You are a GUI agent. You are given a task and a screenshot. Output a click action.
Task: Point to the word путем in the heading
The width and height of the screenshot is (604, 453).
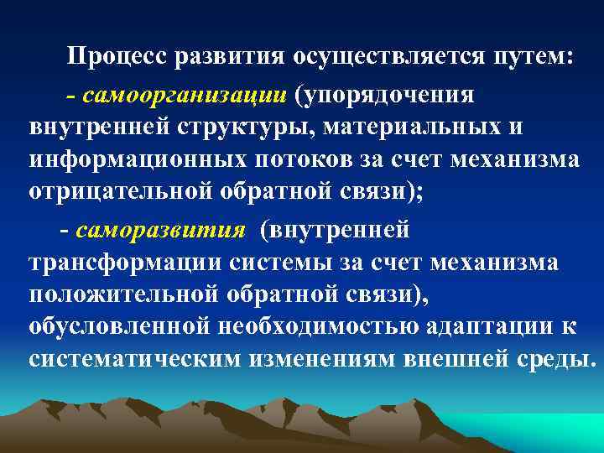[x=530, y=57]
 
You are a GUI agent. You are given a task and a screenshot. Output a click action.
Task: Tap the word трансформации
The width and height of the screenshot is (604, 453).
[x=122, y=263]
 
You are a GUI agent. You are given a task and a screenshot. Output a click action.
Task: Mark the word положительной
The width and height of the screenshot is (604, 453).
[x=119, y=294]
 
